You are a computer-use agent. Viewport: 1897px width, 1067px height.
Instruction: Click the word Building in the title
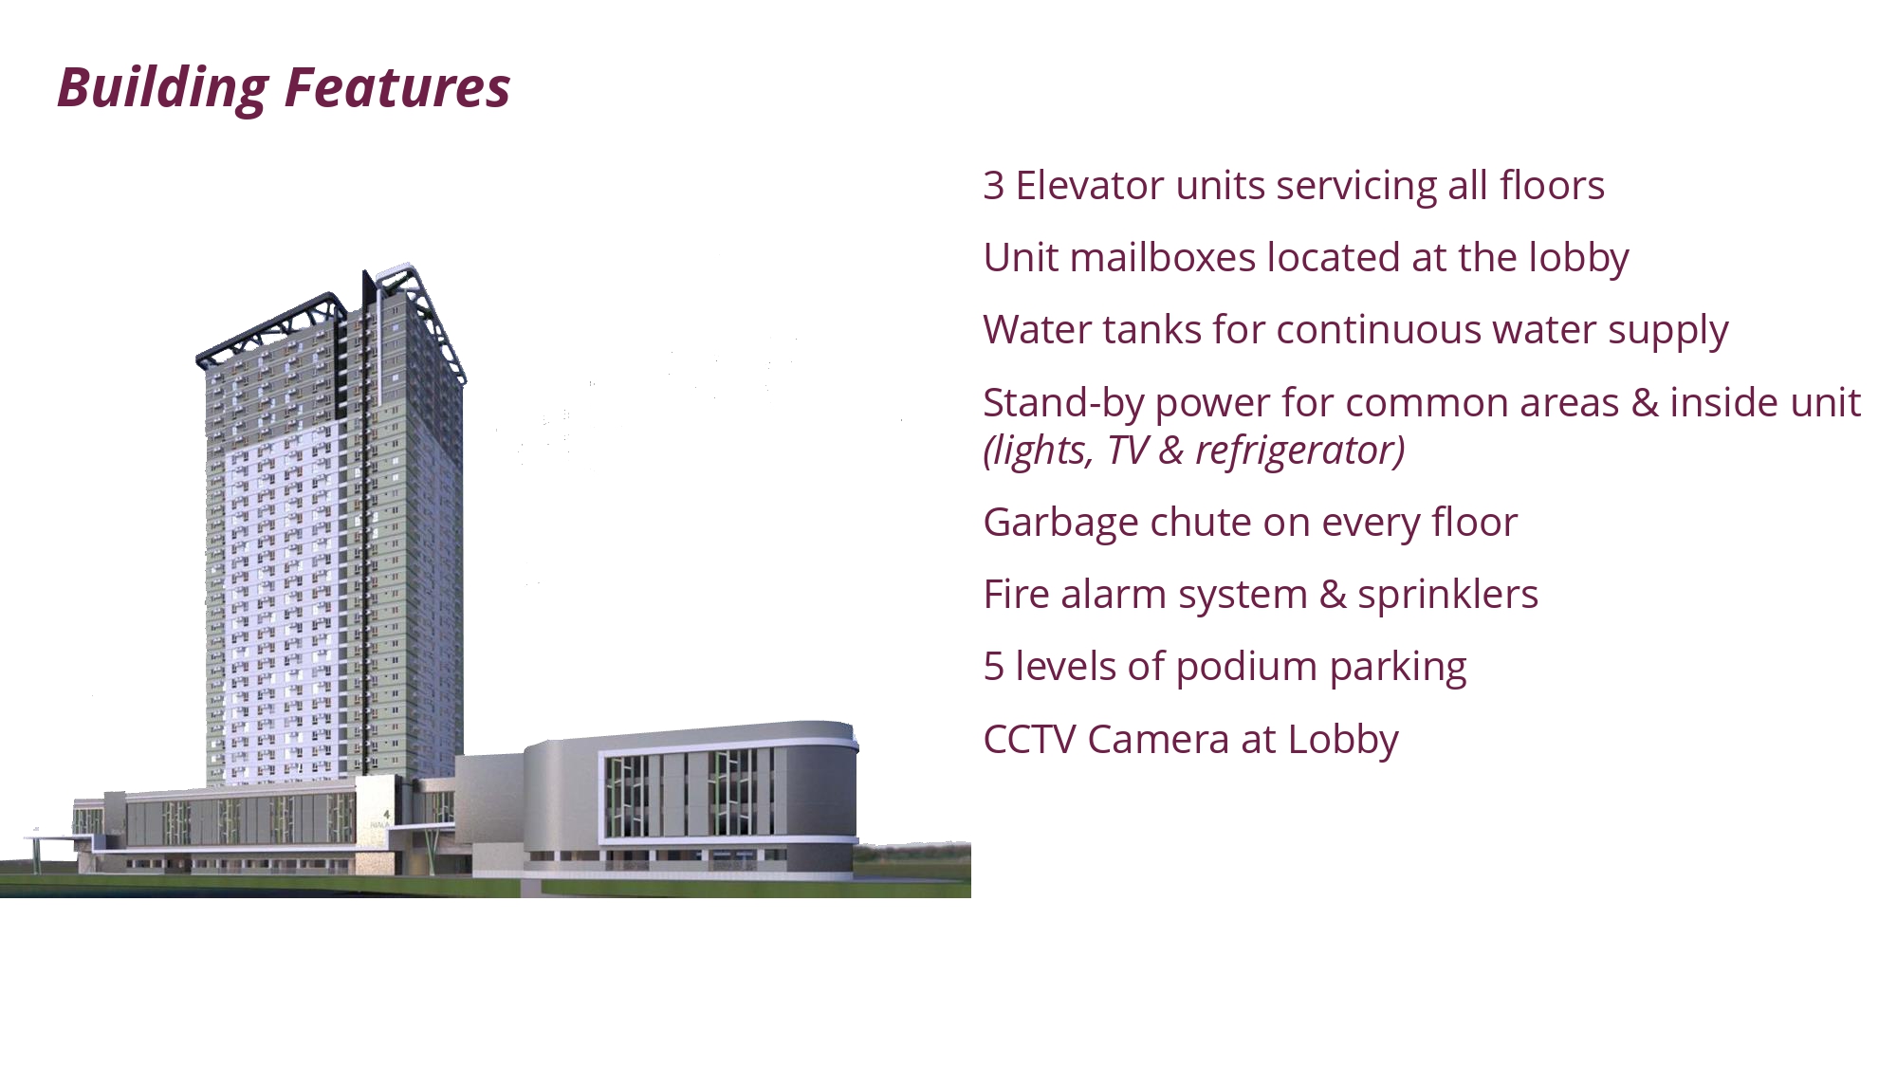tap(163, 89)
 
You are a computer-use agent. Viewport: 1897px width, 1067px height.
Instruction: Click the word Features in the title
tap(397, 87)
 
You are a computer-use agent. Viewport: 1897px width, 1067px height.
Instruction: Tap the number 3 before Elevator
tap(993, 186)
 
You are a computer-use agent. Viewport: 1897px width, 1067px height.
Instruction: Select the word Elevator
tap(1090, 186)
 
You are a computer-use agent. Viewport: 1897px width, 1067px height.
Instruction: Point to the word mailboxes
tap(1163, 258)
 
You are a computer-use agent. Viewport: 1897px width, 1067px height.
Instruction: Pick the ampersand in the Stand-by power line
tap(1645, 403)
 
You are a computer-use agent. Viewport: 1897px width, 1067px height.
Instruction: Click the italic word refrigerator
tap(1299, 451)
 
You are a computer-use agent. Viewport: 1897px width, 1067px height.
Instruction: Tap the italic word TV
tap(1127, 451)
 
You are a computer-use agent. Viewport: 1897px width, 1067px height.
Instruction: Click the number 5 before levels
tap(993, 667)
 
